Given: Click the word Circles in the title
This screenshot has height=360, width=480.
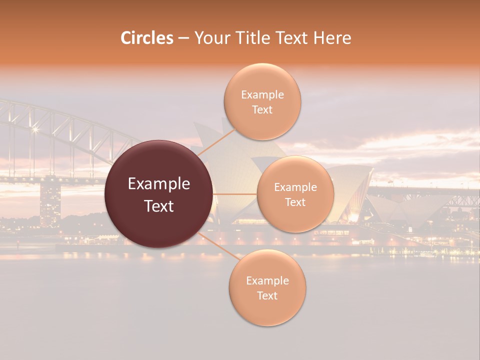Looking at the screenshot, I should click(146, 38).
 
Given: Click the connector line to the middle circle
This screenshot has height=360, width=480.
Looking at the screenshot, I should click(235, 194).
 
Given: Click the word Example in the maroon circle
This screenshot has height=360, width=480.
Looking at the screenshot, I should click(159, 184).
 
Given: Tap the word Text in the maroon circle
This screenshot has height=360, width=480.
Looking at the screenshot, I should click(159, 206).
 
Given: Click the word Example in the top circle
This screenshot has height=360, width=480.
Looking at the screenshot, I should click(262, 95).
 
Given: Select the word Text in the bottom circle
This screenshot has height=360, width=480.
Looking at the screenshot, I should click(267, 295).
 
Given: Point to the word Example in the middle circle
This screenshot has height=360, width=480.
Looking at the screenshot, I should click(295, 187).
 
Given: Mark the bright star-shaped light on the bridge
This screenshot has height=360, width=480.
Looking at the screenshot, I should click(35, 130).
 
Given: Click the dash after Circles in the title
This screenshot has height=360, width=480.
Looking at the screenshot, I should click(183, 38).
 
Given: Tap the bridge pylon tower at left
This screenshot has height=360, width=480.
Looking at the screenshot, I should click(50, 202).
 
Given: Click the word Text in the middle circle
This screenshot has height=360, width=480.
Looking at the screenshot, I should click(295, 202).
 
